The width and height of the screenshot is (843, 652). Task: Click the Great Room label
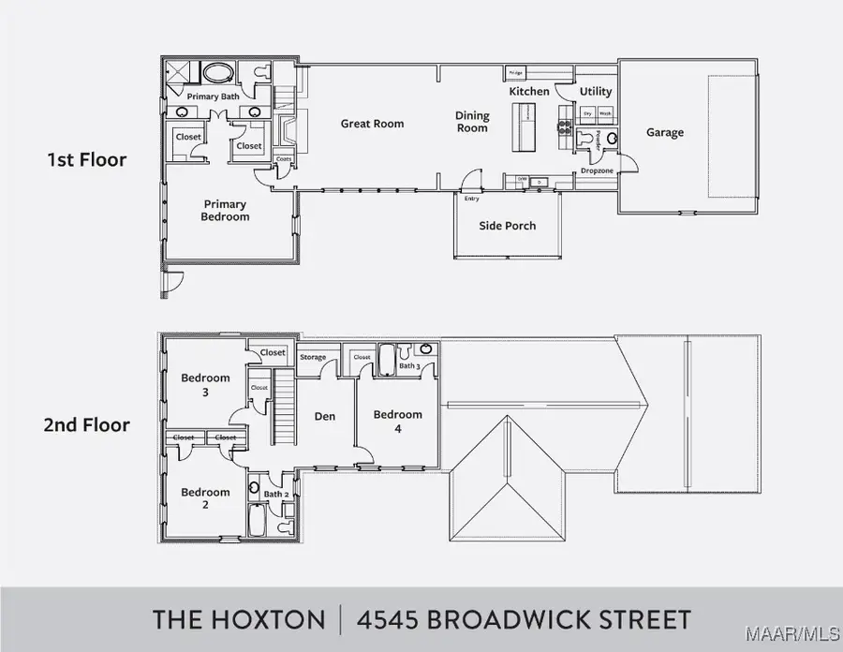coord(372,124)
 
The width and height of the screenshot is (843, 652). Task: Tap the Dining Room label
coord(472,122)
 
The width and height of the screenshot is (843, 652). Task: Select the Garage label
coord(664,133)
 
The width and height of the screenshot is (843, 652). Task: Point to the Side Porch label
coord(507,226)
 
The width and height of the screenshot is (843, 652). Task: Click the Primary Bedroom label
coord(225,211)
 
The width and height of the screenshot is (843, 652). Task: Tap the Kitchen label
coord(528,92)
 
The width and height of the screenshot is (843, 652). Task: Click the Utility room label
coord(595,92)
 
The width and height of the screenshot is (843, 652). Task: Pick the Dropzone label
coord(596,171)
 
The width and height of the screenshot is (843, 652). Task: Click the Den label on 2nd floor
coord(324,416)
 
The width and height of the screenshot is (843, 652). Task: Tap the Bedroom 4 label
coord(397,420)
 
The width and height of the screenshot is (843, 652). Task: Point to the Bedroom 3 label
coord(205,384)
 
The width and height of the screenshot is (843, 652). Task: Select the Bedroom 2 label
coord(205,498)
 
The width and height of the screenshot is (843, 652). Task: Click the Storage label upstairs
coord(313,357)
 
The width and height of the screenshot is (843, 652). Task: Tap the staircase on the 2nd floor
coord(285,412)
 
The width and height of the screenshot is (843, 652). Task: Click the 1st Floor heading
coord(86,159)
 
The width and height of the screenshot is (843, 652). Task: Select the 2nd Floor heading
coord(86,424)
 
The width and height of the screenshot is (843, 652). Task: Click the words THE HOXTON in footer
coord(239,619)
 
